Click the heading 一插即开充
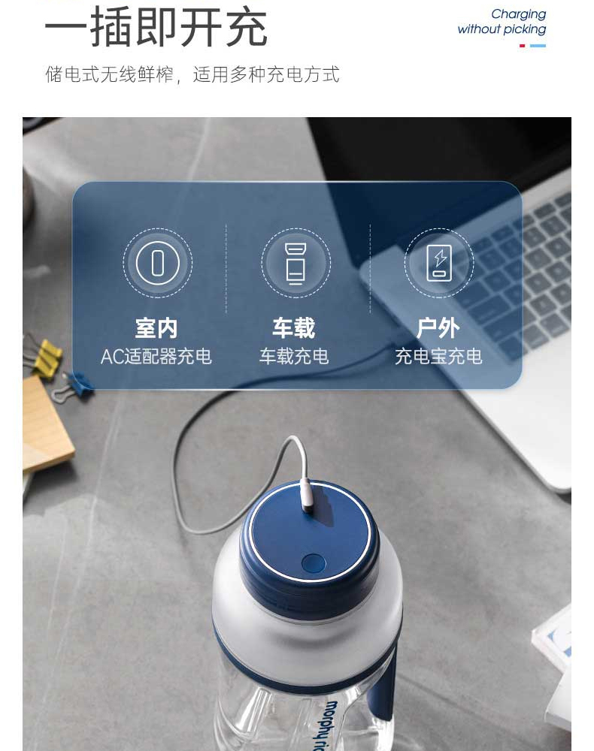(x=156, y=28)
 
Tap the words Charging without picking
(x=502, y=22)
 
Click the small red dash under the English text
(x=523, y=46)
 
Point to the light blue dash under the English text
(x=538, y=46)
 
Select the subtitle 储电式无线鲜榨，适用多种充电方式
(x=192, y=74)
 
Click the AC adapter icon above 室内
(x=158, y=263)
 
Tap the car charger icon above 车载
(x=295, y=263)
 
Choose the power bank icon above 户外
(x=439, y=263)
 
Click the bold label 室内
(x=156, y=328)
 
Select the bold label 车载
(x=294, y=328)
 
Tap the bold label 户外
(x=438, y=328)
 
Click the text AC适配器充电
(x=156, y=356)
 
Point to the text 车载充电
(x=294, y=356)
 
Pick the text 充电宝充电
(x=438, y=356)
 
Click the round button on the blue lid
(x=314, y=563)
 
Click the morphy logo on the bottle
(x=327, y=725)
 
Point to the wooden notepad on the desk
(x=47, y=424)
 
